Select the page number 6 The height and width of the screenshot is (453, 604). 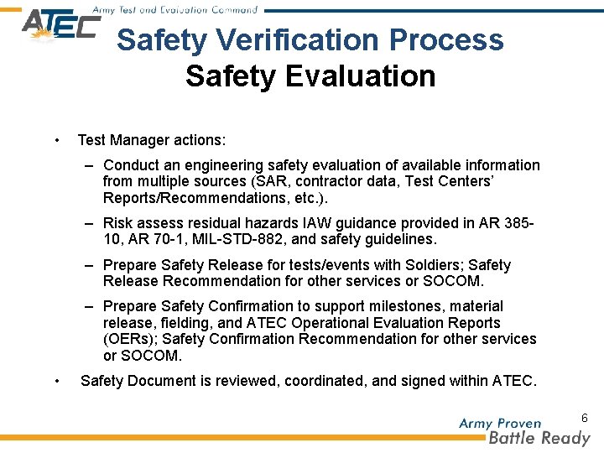coord(584,417)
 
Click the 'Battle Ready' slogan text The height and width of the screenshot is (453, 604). coord(539,438)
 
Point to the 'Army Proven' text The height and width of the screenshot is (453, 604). coord(500,423)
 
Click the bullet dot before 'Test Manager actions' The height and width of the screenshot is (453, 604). coord(56,140)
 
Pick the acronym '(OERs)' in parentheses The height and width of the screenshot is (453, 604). coord(130,339)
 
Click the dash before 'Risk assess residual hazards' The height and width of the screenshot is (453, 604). coord(88,223)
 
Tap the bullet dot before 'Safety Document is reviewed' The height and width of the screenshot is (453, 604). coord(56,381)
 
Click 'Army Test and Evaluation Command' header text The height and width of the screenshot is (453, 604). coord(174,10)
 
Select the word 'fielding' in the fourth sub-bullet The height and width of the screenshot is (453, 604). coord(178,323)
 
